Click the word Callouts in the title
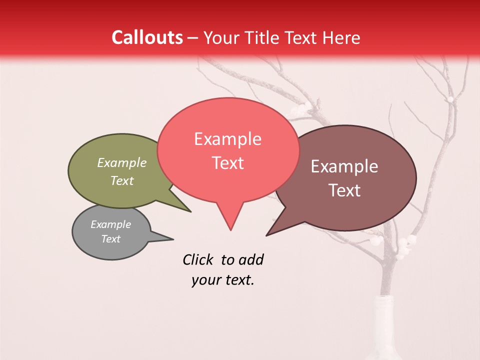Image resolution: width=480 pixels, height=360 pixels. [147, 37]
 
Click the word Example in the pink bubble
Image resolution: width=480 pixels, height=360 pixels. [227, 139]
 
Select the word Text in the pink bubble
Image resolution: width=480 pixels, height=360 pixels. [227, 163]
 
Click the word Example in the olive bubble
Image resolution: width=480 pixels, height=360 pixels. [122, 162]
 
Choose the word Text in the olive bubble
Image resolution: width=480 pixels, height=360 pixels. [122, 180]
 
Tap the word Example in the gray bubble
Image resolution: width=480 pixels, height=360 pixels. [110, 224]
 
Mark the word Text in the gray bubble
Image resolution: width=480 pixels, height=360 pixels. [110, 239]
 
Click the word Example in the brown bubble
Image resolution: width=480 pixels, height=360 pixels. [344, 166]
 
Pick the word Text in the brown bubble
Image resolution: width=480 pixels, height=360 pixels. [344, 190]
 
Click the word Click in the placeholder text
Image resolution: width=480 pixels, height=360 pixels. [199, 259]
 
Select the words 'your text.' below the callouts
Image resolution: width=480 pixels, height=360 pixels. [223, 280]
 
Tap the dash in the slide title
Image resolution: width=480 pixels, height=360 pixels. [193, 38]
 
